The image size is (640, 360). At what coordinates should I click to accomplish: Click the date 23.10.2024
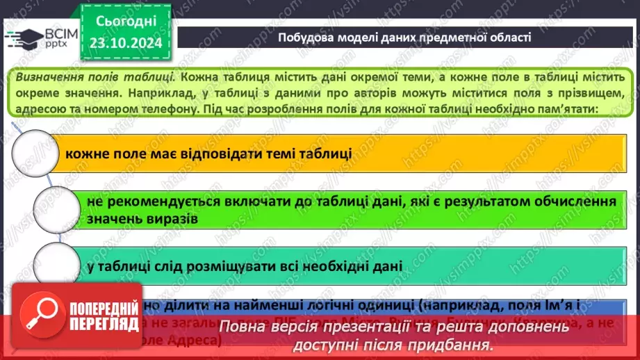[x=125, y=42]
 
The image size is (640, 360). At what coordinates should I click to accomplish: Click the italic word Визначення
[x=47, y=76]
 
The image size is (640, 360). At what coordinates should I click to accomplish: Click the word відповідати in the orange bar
[x=207, y=153]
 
